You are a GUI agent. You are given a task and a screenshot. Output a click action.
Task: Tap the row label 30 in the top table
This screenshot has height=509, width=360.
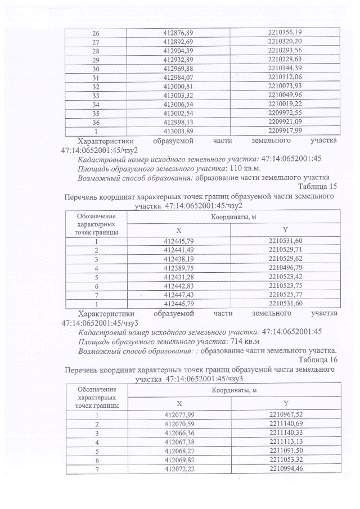tap(96, 68)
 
